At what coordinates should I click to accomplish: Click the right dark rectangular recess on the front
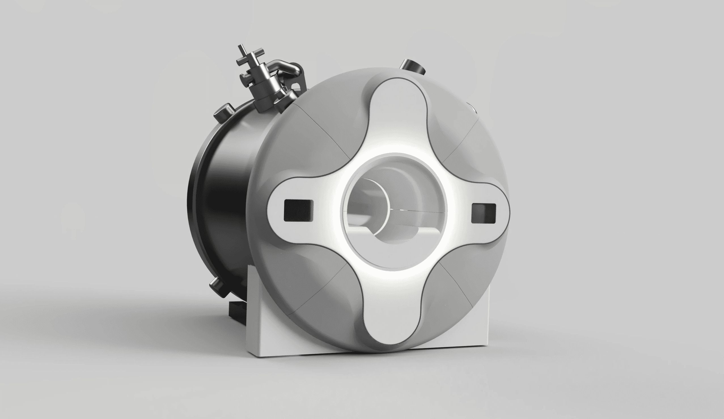coord(484,213)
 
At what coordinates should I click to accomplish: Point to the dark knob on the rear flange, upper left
coord(224,112)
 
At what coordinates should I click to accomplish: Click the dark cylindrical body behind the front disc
coord(227,207)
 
